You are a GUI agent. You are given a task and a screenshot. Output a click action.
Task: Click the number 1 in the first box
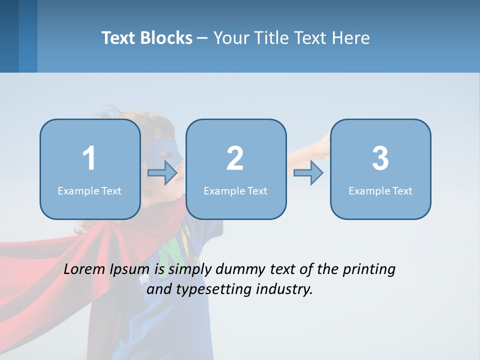tap(89, 158)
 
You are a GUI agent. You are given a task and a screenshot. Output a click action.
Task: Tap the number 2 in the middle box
tap(235, 158)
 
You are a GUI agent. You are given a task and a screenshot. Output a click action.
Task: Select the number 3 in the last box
tap(380, 158)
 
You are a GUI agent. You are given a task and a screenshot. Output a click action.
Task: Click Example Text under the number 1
tap(89, 191)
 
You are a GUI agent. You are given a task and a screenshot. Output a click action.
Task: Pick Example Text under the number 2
tap(235, 191)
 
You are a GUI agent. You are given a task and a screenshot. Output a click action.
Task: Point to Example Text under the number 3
tap(380, 191)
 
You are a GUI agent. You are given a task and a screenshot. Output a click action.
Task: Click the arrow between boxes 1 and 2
tap(163, 173)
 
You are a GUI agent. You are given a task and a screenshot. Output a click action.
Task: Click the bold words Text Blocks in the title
tap(147, 38)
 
